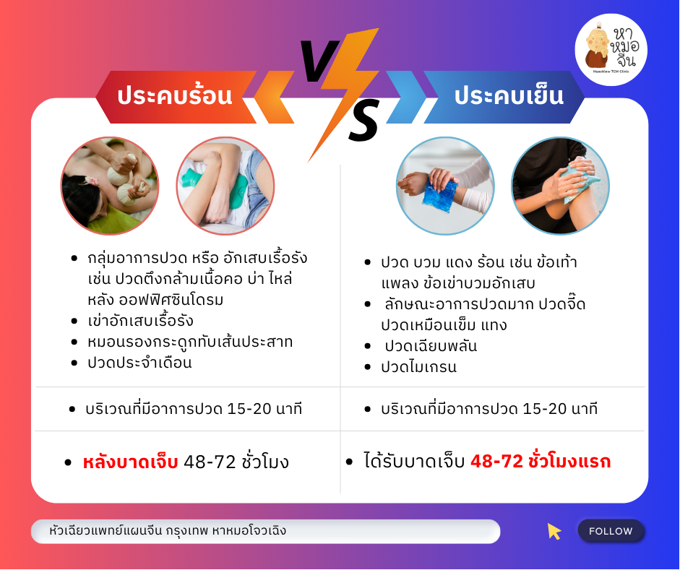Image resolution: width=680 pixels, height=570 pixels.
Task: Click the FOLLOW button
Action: (x=611, y=531)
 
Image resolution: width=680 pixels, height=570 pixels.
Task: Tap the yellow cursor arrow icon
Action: (x=554, y=531)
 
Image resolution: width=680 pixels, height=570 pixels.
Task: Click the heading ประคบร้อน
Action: (x=175, y=96)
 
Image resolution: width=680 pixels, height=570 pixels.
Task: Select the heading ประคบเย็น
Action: (x=509, y=96)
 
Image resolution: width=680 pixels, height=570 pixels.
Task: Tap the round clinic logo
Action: (x=611, y=49)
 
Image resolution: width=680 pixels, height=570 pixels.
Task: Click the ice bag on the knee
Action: (x=579, y=183)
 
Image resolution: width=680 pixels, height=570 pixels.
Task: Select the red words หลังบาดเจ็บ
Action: (x=130, y=462)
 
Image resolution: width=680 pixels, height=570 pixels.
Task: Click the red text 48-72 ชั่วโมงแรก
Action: (x=541, y=461)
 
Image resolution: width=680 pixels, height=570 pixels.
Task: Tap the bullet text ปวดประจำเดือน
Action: (x=139, y=363)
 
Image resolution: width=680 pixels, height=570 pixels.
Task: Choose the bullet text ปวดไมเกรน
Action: (x=418, y=367)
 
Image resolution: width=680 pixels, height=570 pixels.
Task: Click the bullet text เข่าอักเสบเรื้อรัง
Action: (x=140, y=321)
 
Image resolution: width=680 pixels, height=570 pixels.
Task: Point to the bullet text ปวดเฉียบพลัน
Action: (x=431, y=346)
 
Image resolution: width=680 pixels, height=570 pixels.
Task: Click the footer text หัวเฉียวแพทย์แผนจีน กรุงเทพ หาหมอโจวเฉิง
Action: (x=168, y=530)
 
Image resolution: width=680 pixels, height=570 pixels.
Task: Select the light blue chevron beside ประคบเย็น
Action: (x=406, y=97)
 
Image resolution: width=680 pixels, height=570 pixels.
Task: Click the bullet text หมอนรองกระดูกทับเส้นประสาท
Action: (x=190, y=342)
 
